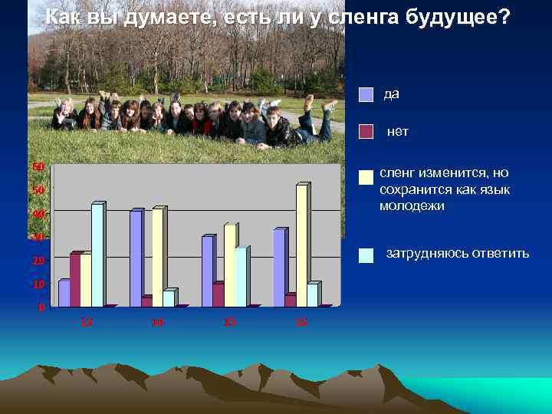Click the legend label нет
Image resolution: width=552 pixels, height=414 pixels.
tap(397, 132)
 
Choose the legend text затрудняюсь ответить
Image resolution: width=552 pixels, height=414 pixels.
tap(457, 253)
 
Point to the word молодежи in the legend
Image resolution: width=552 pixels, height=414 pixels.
tap(412, 206)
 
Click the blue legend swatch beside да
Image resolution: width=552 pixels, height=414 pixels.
tap(366, 95)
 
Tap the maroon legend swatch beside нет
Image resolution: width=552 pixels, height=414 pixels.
tap(366, 133)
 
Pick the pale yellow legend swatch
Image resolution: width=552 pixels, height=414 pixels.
tap(366, 177)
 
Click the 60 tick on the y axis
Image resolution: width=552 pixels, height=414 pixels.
tap(38, 166)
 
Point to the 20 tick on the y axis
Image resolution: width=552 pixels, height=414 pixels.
tap(38, 261)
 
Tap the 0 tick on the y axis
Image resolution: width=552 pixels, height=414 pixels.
tap(41, 307)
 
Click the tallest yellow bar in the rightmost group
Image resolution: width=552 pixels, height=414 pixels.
tap(301, 245)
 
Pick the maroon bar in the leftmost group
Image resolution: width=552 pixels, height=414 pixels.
tap(74, 280)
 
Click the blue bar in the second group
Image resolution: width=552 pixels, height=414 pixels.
tap(136, 258)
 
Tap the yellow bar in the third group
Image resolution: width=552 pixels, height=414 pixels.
tap(229, 265)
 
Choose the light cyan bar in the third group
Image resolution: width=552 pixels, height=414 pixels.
tap(241, 277)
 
